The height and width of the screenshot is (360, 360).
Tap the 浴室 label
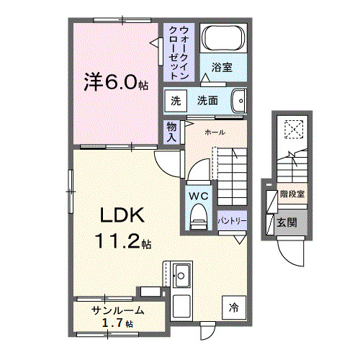click(x=222, y=68)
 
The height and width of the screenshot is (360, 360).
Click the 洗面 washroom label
click(x=209, y=102)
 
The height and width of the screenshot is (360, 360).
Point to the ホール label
click(x=215, y=133)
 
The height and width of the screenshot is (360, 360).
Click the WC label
click(x=199, y=195)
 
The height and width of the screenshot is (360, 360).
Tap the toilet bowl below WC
click(x=198, y=218)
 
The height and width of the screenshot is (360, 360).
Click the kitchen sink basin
click(x=181, y=274)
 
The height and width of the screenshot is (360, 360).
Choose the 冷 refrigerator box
click(x=233, y=307)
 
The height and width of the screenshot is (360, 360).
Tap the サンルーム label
click(x=118, y=310)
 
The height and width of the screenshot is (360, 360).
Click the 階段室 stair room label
click(x=292, y=194)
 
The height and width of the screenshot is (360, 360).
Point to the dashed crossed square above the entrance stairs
click(x=294, y=128)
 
